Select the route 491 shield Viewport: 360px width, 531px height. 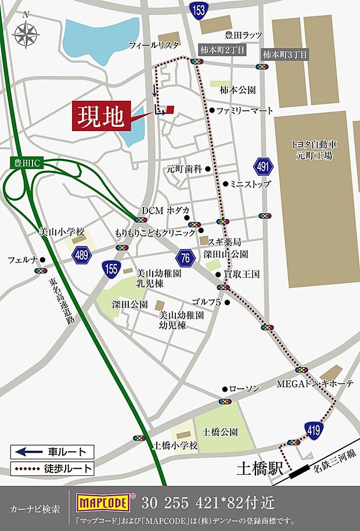tap(264, 167)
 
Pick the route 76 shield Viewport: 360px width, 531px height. tap(185, 258)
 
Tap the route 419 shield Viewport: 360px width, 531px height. tap(312, 428)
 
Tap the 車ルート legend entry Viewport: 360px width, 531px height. tap(52, 451)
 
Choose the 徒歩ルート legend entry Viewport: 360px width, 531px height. tap(52, 468)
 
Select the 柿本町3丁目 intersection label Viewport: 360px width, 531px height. tap(285, 54)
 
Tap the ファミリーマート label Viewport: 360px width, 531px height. tap(244, 110)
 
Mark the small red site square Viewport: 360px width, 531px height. tap(170, 109)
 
